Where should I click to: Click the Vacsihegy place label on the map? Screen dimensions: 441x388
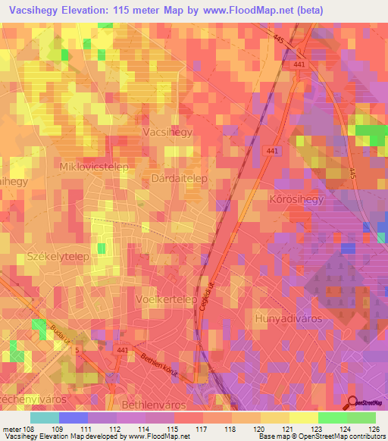(167, 132)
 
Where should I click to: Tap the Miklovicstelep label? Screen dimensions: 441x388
(94, 165)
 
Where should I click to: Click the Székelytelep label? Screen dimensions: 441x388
(58, 256)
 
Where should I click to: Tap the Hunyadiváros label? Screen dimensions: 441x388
(288, 318)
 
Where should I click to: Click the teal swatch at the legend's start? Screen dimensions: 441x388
(44, 418)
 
